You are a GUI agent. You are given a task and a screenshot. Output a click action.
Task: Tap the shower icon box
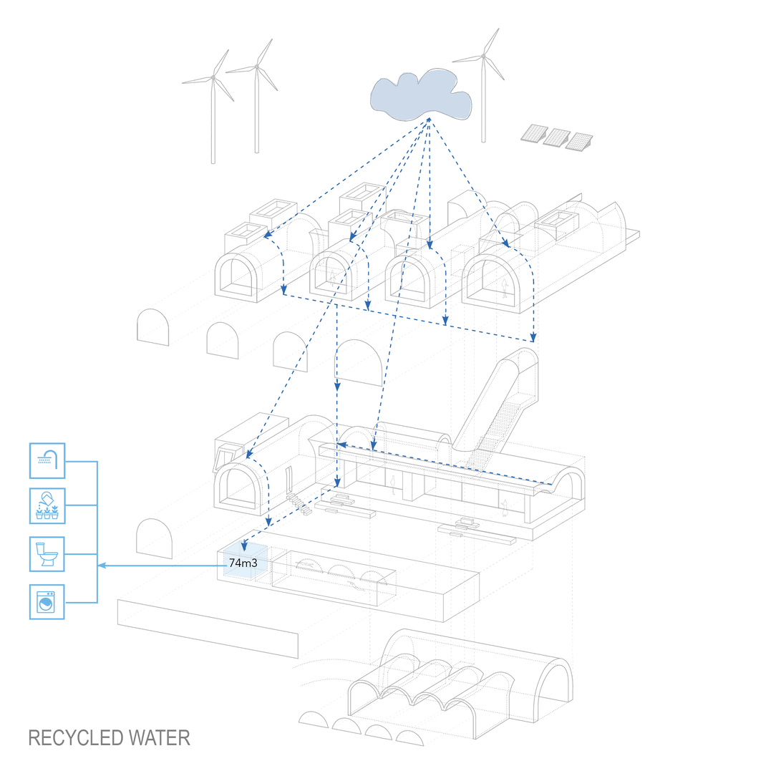[47, 460]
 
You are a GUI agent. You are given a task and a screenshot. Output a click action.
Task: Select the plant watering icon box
[47, 507]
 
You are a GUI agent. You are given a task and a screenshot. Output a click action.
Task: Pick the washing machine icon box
[47, 601]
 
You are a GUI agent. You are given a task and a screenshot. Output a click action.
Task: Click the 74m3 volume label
[243, 563]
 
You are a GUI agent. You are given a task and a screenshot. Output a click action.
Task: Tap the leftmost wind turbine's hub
[213, 77]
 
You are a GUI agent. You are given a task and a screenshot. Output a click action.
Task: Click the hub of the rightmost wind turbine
[484, 56]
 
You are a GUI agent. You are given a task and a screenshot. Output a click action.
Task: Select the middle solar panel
[556, 137]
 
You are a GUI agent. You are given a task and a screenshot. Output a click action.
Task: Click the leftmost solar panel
[533, 133]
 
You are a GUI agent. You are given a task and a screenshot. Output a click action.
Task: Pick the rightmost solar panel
[580, 142]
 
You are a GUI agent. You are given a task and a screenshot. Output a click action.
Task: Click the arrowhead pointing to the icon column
[102, 566]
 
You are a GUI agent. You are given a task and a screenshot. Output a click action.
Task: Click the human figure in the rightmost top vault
[504, 287]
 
